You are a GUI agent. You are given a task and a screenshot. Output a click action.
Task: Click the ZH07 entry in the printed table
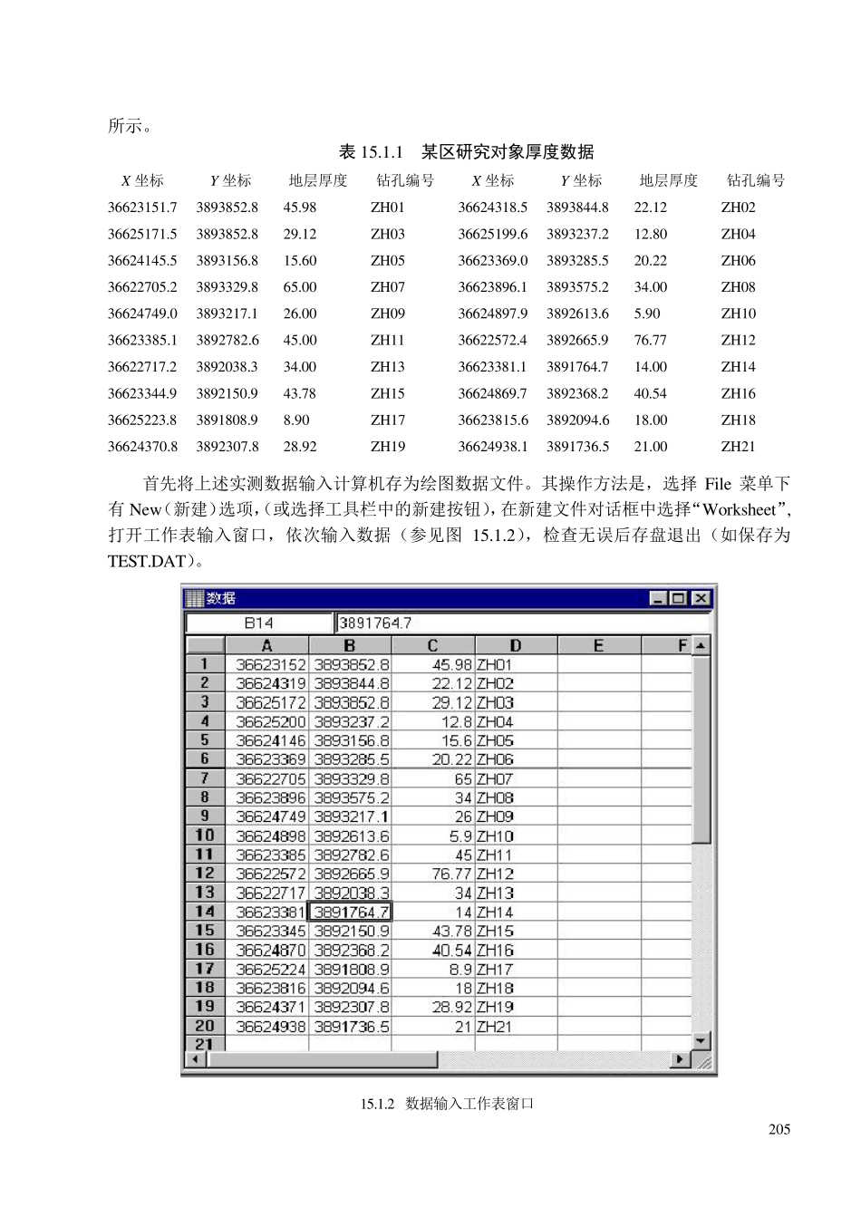click(x=387, y=287)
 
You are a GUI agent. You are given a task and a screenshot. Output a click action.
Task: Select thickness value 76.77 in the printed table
click(x=650, y=341)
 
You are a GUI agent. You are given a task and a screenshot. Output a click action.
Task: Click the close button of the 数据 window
click(x=701, y=598)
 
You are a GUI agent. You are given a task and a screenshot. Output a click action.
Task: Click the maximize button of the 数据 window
click(x=680, y=598)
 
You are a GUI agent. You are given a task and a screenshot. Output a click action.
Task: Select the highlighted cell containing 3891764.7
click(x=351, y=912)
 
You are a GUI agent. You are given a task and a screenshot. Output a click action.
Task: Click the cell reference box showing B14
click(x=258, y=623)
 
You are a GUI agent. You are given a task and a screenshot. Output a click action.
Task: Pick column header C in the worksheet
click(x=432, y=646)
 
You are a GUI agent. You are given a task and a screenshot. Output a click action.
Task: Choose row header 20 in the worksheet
click(x=205, y=1026)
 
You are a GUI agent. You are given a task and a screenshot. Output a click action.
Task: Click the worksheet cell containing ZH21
click(x=495, y=1027)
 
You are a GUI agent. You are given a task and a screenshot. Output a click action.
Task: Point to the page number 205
click(x=779, y=1129)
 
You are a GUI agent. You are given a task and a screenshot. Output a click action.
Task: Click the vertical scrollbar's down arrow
click(x=701, y=1041)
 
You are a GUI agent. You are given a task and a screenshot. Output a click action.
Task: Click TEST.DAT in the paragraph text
click(x=146, y=561)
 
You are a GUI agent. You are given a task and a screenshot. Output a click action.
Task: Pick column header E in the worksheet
click(x=598, y=646)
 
